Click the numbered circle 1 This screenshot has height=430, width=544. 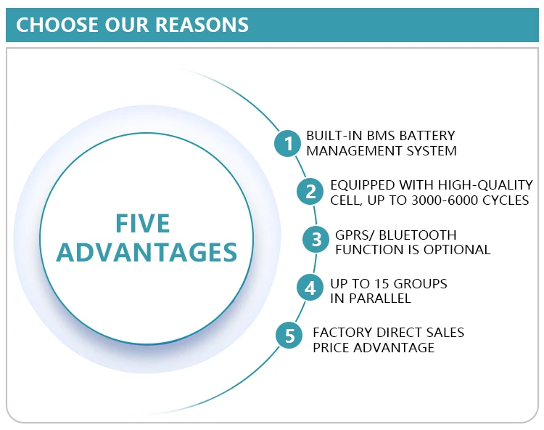(x=288, y=143)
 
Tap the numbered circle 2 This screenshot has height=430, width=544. (x=310, y=192)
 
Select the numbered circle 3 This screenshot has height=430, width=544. (x=316, y=240)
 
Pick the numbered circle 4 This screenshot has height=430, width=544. (x=310, y=288)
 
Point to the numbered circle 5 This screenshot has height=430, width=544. (x=290, y=336)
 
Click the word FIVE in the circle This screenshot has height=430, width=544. (x=144, y=222)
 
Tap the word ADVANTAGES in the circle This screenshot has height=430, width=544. (x=147, y=251)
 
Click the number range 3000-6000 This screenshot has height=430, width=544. (x=439, y=200)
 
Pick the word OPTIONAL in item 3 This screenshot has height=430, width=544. (x=459, y=249)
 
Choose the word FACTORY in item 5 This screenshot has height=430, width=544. (x=339, y=333)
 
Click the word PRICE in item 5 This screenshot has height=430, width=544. (x=331, y=347)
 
